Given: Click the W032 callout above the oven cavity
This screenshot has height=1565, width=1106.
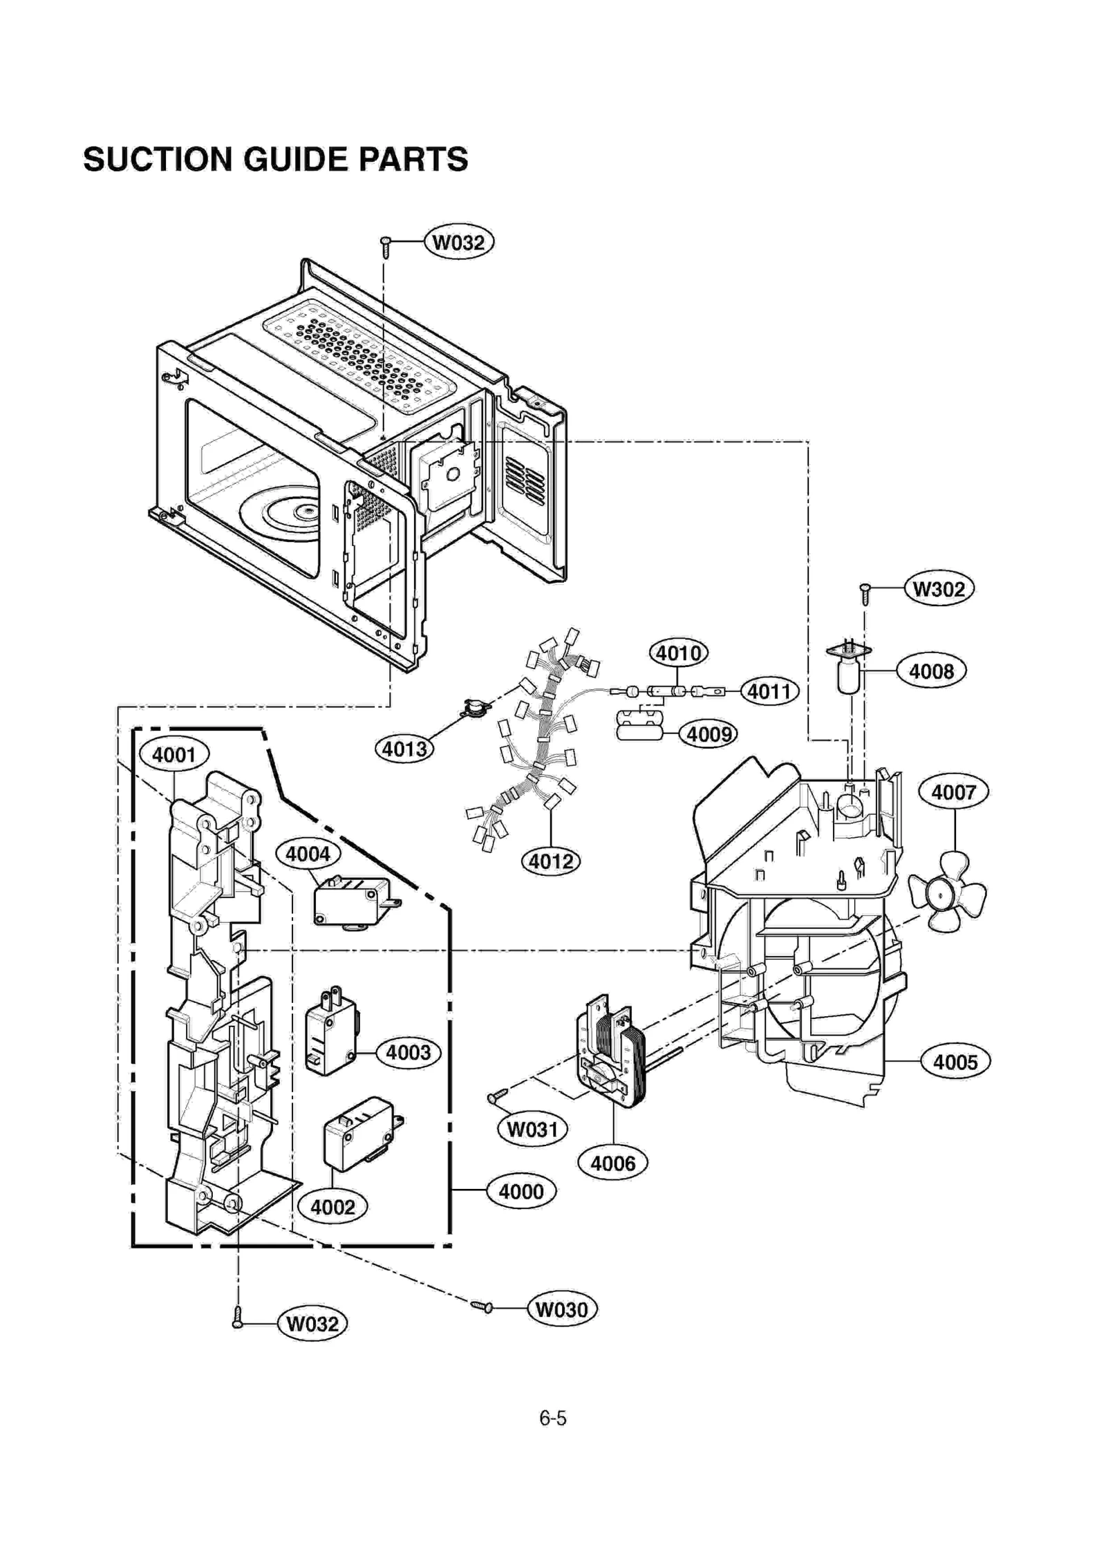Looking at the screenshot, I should [458, 242].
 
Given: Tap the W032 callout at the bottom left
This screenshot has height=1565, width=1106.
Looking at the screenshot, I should [312, 1323].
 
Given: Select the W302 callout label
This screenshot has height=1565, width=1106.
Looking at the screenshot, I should [938, 589].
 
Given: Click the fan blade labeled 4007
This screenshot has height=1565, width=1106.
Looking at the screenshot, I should [948, 892].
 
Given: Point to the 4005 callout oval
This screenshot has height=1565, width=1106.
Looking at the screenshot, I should [955, 1061].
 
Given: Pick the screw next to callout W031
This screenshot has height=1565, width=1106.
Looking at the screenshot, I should [497, 1095].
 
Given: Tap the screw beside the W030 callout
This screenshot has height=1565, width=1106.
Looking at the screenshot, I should [482, 1306].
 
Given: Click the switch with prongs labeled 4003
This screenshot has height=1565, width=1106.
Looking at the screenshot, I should [330, 1032].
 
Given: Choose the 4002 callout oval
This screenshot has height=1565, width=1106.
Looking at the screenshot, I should [332, 1207].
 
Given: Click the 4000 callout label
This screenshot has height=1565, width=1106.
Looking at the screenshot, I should [521, 1190].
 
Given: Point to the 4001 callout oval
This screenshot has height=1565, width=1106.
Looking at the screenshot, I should [174, 754].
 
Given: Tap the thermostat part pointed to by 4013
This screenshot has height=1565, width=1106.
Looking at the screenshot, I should [476, 706].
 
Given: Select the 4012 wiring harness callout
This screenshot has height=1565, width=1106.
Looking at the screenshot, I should [550, 861].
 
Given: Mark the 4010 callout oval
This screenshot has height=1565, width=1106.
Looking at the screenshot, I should [678, 653].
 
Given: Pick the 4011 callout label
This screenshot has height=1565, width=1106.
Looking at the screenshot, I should [769, 691].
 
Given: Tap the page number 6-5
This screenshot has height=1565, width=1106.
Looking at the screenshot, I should [552, 1418].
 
